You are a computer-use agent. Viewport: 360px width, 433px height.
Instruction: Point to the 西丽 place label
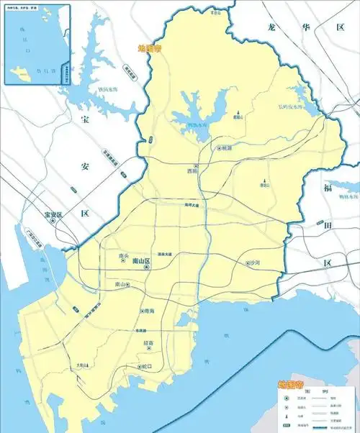pyautogui.click(x=191, y=171)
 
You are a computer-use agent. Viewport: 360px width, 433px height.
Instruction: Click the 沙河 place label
pyautogui.click(x=256, y=263)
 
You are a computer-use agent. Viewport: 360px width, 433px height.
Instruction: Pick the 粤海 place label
pyautogui.click(x=150, y=310)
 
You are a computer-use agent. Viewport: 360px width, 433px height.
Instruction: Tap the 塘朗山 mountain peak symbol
pyautogui.click(x=264, y=180)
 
